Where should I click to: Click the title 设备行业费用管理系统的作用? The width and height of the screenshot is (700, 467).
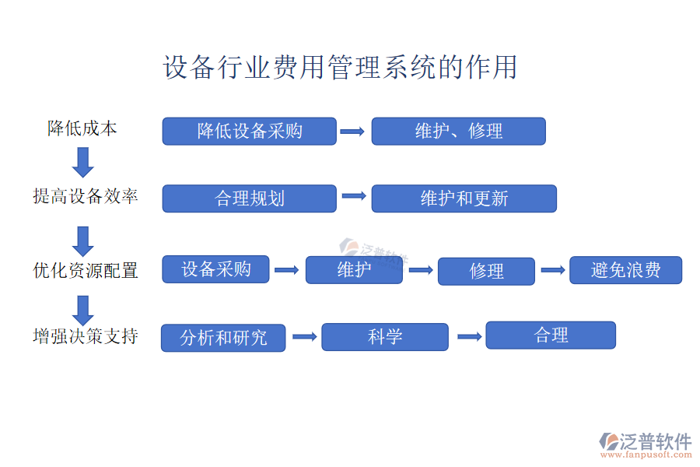point(340,68)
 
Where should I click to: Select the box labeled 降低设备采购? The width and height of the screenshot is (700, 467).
point(249,131)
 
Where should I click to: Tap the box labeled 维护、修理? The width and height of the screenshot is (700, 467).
point(458,131)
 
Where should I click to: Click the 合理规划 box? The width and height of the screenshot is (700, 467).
point(249,198)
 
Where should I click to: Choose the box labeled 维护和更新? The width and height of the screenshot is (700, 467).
point(464,198)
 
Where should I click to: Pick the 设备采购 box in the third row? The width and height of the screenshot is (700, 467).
point(216,269)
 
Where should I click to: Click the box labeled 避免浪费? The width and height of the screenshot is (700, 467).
point(625,270)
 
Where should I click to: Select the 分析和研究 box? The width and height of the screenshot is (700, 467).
point(223,338)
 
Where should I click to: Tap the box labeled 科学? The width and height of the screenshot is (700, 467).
point(385,337)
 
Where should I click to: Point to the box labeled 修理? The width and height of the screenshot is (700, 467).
point(486,271)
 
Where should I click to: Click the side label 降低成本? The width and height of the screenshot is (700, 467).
point(82,128)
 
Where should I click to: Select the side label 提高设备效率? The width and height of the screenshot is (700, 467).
point(86,196)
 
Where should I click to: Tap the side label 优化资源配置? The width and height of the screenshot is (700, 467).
point(86,270)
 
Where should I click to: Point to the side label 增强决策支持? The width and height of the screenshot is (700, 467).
point(86,336)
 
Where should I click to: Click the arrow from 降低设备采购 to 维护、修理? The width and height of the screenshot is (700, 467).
point(353,132)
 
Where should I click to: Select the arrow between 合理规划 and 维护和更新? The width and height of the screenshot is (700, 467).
point(353,196)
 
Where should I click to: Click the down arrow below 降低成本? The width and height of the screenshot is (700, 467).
point(82,162)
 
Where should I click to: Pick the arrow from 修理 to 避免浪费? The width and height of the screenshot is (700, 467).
point(552,270)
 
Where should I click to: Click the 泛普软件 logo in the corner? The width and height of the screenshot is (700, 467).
point(646,445)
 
